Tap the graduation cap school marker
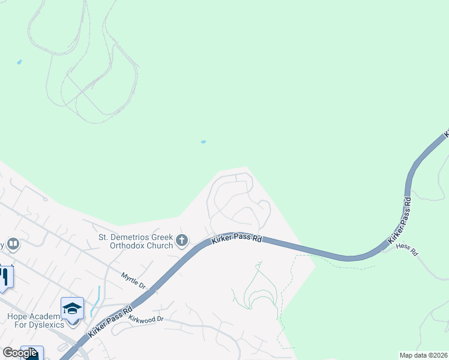tap(72, 308)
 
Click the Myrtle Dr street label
tap(133, 281)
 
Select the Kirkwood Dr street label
tap(146, 319)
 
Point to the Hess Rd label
tap(407, 249)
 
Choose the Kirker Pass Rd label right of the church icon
tap(237, 239)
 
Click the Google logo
tap(20, 353)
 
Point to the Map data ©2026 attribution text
tap(423, 355)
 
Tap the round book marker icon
tap(13, 244)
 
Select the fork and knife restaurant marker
tap(4, 277)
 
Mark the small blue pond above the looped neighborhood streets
tap(203, 142)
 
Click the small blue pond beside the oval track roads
tap(19, 62)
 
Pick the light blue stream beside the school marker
tap(96, 300)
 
